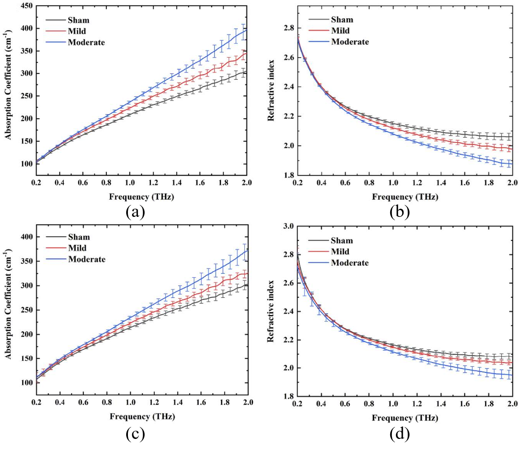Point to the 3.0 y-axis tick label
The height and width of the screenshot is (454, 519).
288,226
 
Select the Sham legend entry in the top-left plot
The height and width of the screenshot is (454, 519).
78,20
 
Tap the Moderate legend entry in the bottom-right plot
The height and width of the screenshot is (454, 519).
349,263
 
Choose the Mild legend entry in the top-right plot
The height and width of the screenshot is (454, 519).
340,31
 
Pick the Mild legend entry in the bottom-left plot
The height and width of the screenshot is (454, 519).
77,248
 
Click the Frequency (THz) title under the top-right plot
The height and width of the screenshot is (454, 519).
405,197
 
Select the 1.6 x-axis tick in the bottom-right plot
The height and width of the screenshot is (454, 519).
464,404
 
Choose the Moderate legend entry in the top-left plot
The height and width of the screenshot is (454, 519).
86,42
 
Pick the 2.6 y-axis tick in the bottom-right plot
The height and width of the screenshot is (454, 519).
288,283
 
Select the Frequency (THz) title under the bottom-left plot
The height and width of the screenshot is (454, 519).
142,416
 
